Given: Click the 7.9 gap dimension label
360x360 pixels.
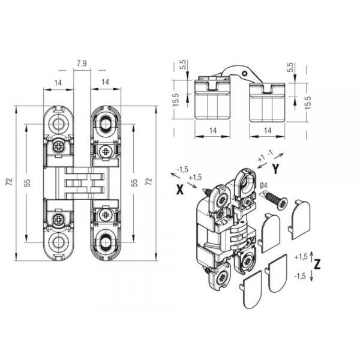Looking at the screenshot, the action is tap(82, 64).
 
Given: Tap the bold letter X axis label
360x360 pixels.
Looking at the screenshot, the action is tap(180, 190).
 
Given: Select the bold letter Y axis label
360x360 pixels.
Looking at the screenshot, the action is tap(276, 169).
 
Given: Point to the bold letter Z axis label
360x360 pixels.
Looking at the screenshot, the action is tap(317, 265).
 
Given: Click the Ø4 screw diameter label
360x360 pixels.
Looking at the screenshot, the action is tap(263, 185).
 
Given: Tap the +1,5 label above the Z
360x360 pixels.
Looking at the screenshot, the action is tap(301, 257).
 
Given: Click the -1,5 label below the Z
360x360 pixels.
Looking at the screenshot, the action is tap(301, 276).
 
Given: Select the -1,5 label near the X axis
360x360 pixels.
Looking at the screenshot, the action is tap(182, 169).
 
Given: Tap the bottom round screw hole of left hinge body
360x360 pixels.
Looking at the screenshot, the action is tap(58, 242).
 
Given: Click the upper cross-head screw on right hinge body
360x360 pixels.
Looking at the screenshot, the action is tap(106, 151).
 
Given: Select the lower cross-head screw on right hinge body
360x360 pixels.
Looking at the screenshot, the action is tap(106, 215).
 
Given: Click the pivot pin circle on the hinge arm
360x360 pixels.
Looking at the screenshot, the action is tap(245, 73).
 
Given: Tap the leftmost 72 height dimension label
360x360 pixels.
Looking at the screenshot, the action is tap(9, 182).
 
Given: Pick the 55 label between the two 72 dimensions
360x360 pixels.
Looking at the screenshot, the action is tap(135, 183).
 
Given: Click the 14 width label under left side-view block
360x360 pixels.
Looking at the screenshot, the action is tap(213, 131).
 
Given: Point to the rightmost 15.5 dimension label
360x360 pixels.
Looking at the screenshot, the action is tap(308, 102).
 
